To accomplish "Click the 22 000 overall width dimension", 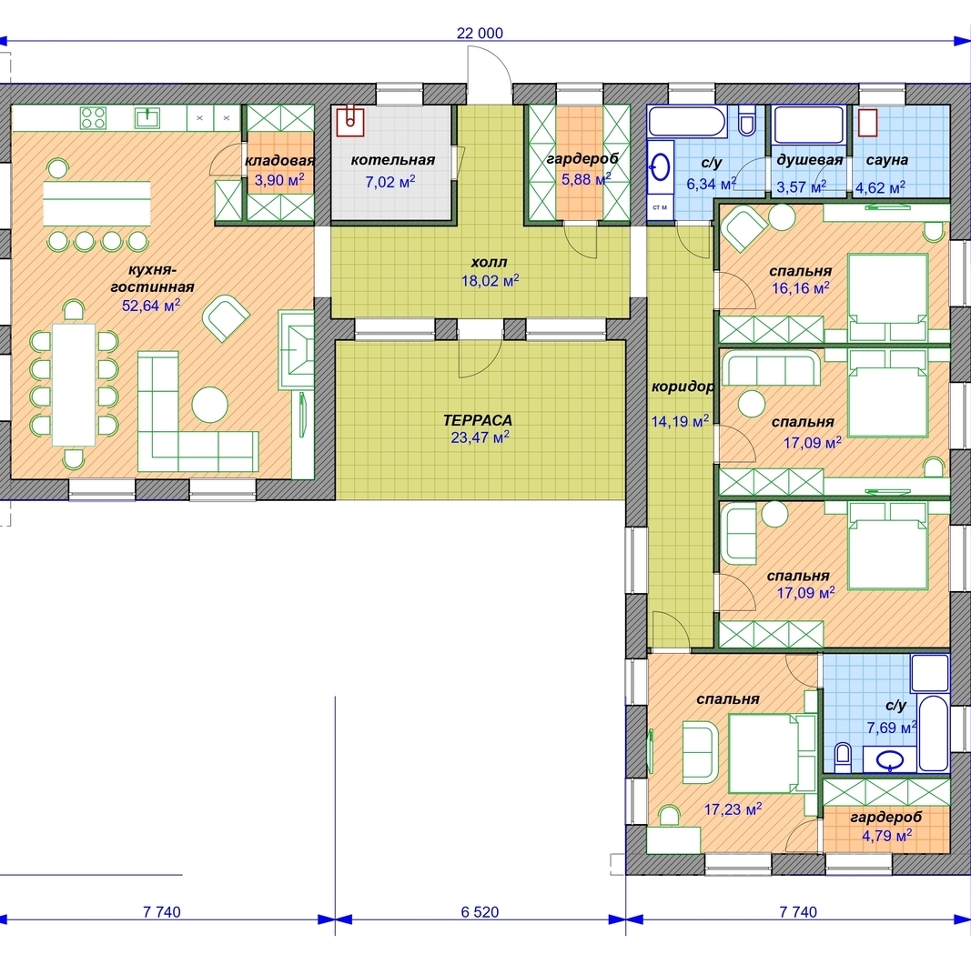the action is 480,33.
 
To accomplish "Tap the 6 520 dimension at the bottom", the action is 480,911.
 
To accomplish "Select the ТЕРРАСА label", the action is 478,420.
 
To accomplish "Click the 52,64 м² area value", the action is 151,305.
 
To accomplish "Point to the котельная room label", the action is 392,160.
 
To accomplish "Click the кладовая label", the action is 280,161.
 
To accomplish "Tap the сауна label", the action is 886,160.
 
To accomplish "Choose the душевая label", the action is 810,160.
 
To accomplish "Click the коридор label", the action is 683,387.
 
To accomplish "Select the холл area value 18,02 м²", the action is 490,281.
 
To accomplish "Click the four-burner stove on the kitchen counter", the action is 93,117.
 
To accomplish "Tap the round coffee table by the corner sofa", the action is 210,405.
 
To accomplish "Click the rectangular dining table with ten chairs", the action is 74,385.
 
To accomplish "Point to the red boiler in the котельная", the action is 349,121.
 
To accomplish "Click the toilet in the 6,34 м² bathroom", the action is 747,120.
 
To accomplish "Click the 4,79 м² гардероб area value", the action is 886,836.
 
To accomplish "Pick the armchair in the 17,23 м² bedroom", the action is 701,751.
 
